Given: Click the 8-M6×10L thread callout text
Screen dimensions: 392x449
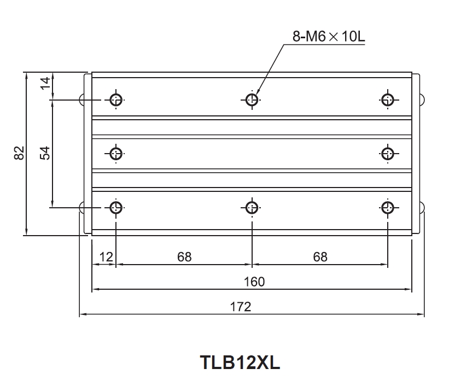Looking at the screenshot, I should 328,37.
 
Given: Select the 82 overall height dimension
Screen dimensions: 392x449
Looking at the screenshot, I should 19,153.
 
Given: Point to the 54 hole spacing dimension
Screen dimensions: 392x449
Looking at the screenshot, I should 45,153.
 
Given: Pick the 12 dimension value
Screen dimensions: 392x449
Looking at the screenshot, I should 105,256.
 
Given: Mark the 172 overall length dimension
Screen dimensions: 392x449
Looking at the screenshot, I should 240,307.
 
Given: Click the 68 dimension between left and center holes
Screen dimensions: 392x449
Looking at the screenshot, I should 184,256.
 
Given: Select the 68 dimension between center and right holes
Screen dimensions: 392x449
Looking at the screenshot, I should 320,256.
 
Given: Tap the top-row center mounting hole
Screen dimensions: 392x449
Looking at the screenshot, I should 252,100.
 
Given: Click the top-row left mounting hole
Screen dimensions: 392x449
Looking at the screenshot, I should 116,100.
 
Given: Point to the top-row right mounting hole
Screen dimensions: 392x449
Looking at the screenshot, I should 388,100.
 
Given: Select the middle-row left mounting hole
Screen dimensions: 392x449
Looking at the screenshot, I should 116,153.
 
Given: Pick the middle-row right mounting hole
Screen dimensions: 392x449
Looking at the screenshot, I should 388,153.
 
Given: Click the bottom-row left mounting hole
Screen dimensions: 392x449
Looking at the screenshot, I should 116,207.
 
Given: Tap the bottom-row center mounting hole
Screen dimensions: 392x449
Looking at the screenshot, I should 252,207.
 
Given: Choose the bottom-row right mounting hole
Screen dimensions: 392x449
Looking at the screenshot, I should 388,207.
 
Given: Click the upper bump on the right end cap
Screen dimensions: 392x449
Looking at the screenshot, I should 422,99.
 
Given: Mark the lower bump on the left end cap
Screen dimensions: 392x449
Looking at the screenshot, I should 81,208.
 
